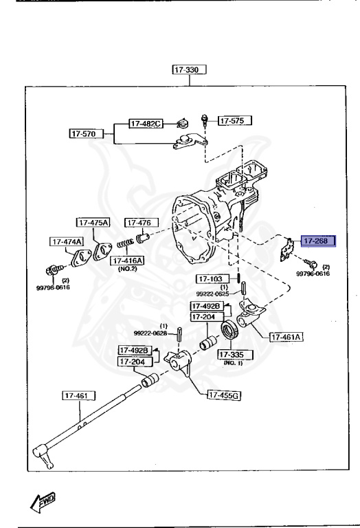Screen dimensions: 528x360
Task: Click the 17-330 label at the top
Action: [x=190, y=69]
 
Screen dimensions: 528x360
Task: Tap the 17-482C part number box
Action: [x=146, y=124]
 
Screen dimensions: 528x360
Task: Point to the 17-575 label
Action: [x=234, y=121]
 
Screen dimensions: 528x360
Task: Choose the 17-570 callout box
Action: [x=85, y=133]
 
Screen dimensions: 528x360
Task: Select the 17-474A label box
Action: [x=66, y=241]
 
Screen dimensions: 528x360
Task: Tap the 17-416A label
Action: [x=127, y=261]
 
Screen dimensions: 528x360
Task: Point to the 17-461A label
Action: [x=286, y=338]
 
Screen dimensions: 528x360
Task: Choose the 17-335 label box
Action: [x=235, y=355]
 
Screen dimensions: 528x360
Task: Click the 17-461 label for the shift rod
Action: [x=78, y=395]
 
